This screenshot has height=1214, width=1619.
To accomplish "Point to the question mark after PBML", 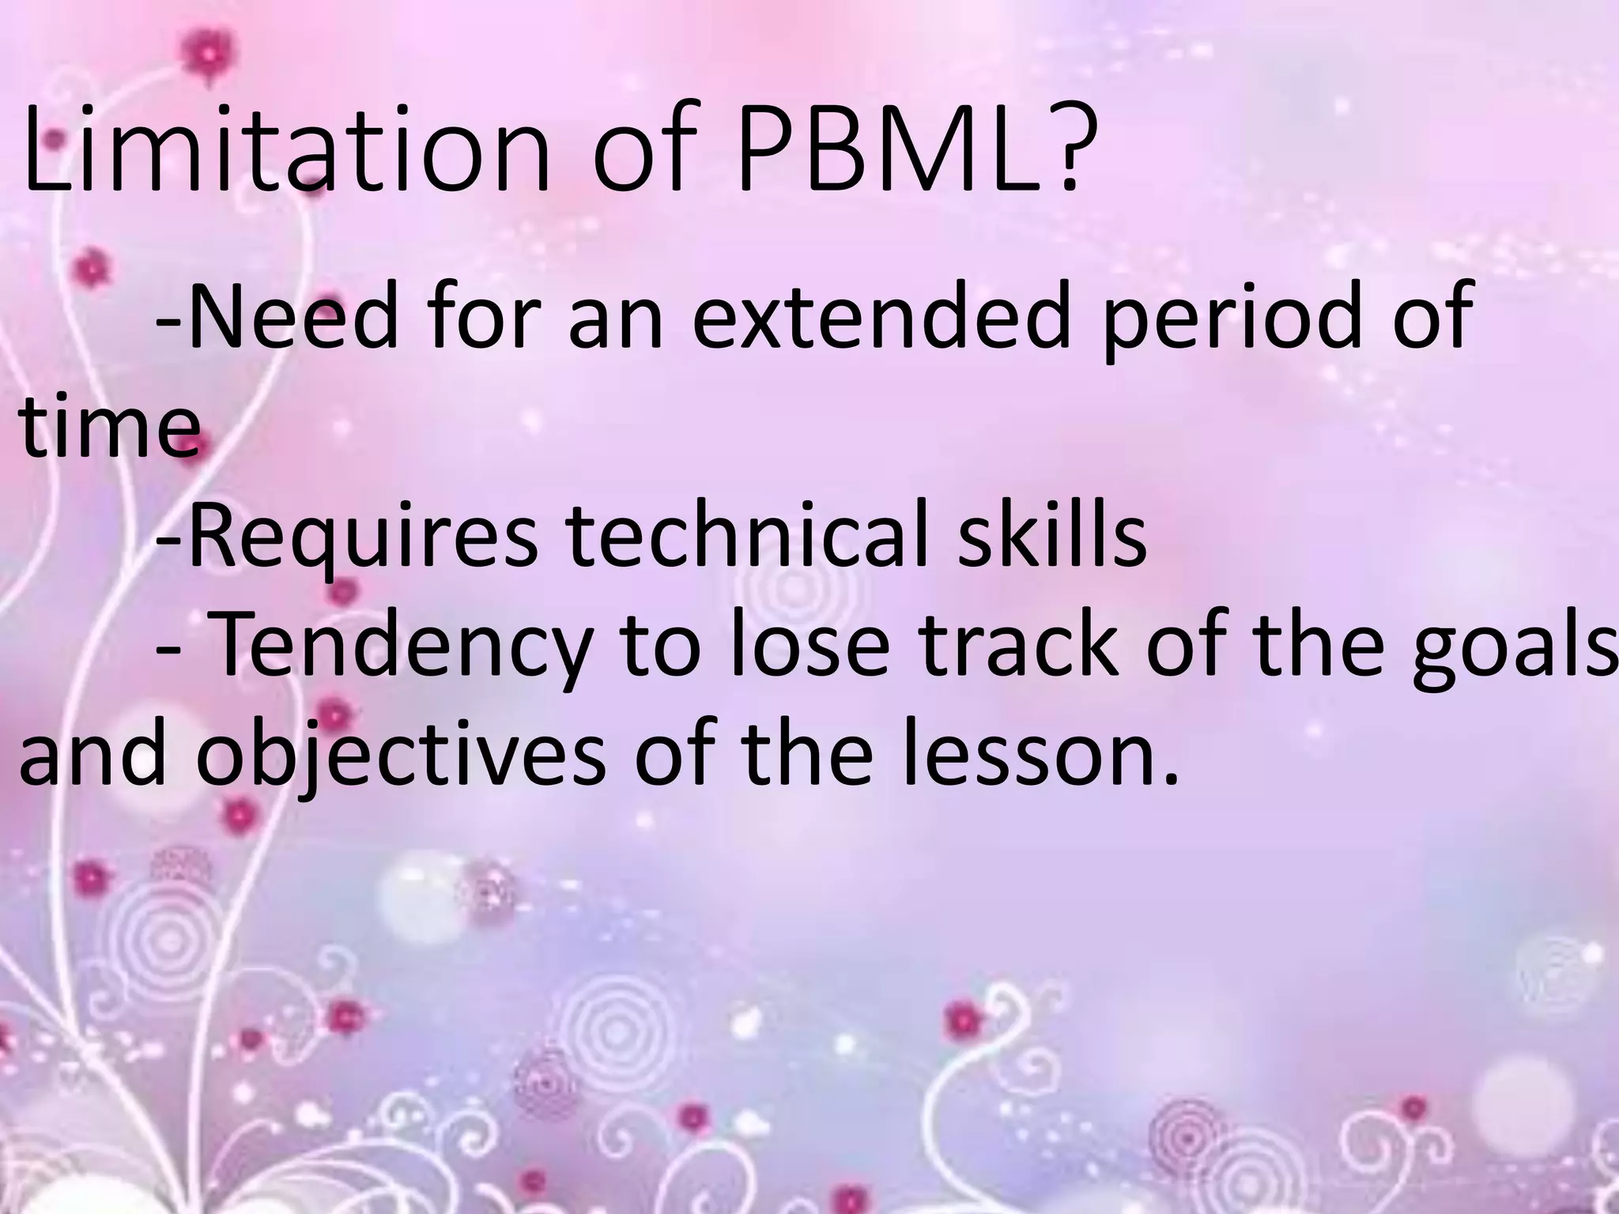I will click(x=1059, y=150).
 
